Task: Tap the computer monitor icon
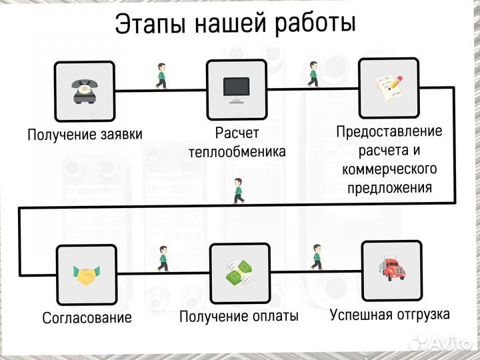click(x=236, y=89)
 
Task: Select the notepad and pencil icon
click(x=389, y=88)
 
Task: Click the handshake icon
click(x=87, y=274)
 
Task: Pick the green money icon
click(x=239, y=273)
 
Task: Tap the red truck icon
click(x=391, y=270)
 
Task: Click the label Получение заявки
click(x=85, y=135)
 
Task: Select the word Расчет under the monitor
click(x=237, y=133)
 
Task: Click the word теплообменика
click(x=237, y=152)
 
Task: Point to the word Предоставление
click(x=389, y=131)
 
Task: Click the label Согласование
click(x=87, y=317)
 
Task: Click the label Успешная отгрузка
click(x=389, y=314)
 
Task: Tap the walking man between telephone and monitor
click(x=161, y=76)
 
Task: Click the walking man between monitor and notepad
click(x=313, y=74)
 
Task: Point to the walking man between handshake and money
click(x=162, y=258)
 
